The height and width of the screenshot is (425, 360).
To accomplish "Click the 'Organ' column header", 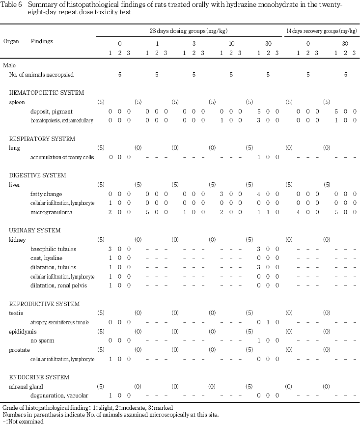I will [x=11, y=42].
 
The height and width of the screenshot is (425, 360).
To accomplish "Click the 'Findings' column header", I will [x=42, y=42].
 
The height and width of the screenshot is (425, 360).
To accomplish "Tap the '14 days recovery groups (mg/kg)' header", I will [x=321, y=31].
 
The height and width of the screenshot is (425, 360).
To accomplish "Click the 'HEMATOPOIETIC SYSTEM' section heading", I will [x=47, y=92].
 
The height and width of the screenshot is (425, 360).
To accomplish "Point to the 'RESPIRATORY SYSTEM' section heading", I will [x=42, y=139].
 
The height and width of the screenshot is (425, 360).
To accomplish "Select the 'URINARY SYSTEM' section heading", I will [x=35, y=230].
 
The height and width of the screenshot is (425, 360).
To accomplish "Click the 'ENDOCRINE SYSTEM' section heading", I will [x=39, y=377].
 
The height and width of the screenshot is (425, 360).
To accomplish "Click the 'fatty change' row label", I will [x=46, y=194].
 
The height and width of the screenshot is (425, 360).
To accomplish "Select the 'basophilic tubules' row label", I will [x=53, y=249].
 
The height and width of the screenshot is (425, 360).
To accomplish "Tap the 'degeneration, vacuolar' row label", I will [x=56, y=395].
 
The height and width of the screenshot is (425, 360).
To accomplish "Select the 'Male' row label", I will [x=9, y=65].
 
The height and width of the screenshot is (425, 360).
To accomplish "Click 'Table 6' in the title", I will [x=12, y=4].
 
